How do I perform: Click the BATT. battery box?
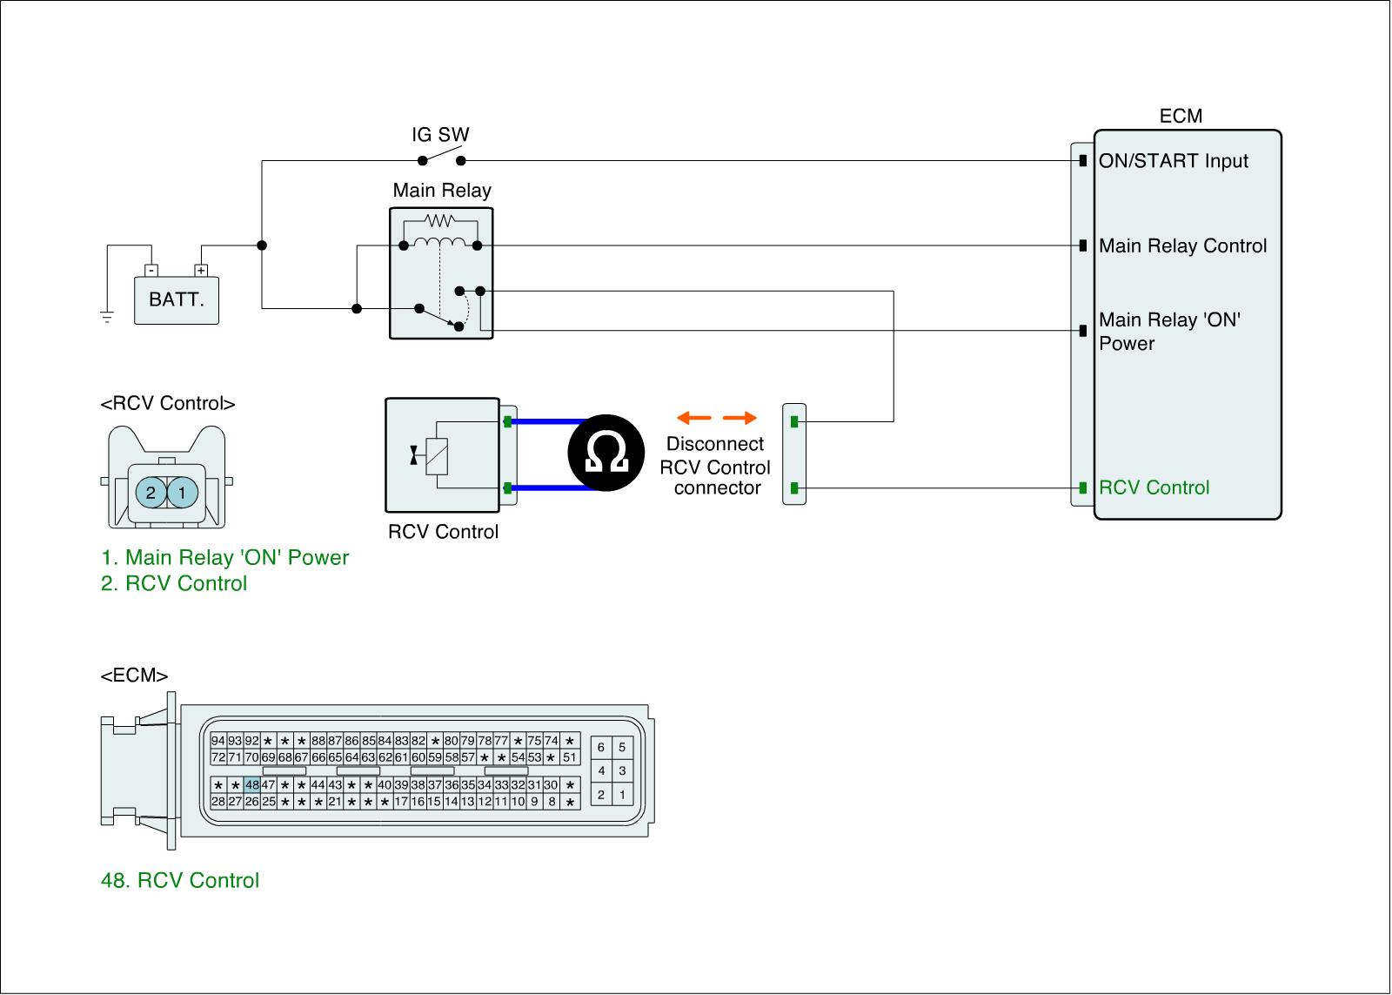coord(177,300)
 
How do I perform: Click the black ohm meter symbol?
coord(606,454)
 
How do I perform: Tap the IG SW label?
coord(440,135)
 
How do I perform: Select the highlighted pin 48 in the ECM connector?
coord(252,784)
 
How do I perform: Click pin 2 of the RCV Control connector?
coord(151,493)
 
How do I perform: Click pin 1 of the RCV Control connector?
coord(182,493)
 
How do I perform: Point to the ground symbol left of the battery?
coord(107,317)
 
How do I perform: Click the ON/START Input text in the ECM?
coord(1173,161)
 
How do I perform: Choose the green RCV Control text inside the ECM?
coord(1154,487)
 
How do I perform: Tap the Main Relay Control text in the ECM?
coord(1182,246)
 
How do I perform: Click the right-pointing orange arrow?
coord(740,418)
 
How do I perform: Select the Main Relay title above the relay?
coord(442,191)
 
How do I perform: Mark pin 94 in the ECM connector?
coord(217,741)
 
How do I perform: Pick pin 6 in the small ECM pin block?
coord(600,748)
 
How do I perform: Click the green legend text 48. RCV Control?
coord(180,881)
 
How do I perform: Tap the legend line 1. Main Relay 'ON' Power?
coord(224,558)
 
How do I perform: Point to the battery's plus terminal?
coord(202,271)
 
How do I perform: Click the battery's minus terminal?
coord(151,271)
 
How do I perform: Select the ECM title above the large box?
coord(1181,117)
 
